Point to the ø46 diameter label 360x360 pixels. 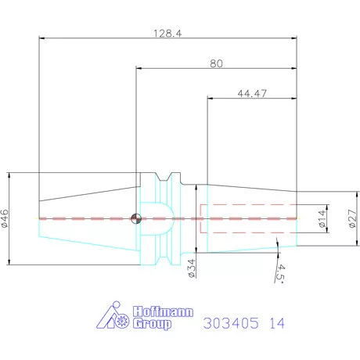(x=6, y=218)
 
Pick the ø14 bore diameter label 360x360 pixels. (x=321, y=218)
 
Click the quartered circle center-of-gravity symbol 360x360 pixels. (x=136, y=218)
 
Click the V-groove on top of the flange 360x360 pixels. (x=167, y=176)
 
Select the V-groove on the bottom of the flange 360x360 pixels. (x=167, y=260)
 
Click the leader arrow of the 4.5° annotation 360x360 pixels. (x=278, y=250)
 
